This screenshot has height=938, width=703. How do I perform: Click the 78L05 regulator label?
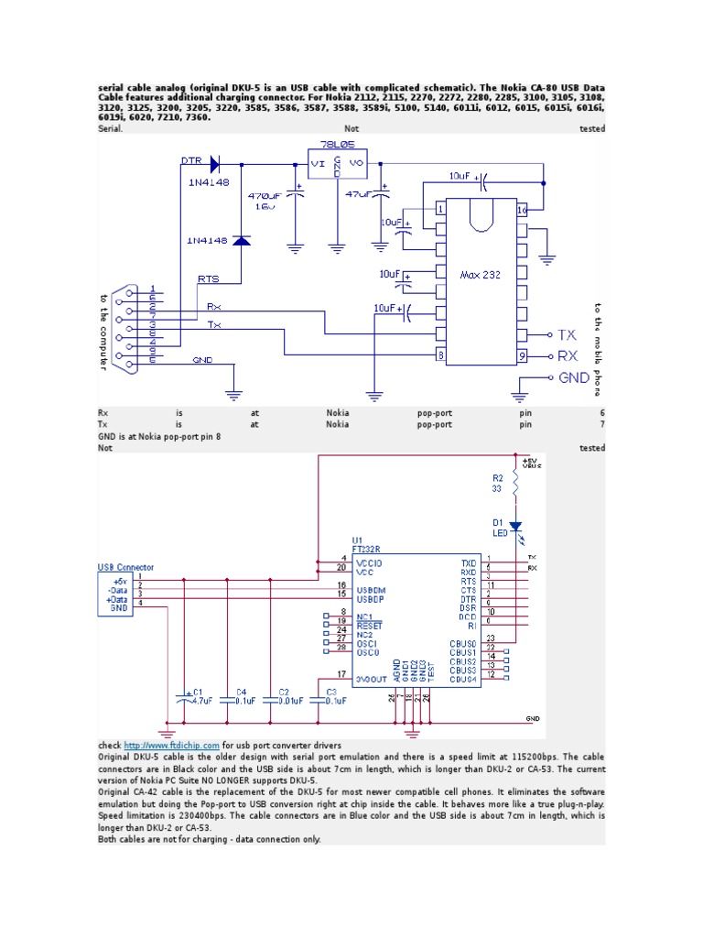[x=336, y=146]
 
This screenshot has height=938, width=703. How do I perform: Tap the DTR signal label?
[x=190, y=160]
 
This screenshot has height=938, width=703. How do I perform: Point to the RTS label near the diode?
[x=209, y=278]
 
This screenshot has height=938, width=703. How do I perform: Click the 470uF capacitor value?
[x=263, y=195]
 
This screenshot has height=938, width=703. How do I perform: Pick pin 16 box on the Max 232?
[x=522, y=210]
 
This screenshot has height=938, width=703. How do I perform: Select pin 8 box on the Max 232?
[x=440, y=355]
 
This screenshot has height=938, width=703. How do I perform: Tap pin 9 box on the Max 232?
[x=522, y=355]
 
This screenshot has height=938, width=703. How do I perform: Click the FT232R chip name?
[x=364, y=549]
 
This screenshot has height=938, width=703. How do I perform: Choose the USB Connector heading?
[x=126, y=568]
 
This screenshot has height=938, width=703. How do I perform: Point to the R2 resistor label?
[x=497, y=478]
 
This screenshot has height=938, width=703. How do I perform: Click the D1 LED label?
[x=499, y=527]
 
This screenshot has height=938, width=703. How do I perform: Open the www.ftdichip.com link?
[x=172, y=746]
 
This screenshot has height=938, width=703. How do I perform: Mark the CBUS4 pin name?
[x=463, y=679]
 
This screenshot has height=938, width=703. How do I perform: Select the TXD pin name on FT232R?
[x=469, y=563]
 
